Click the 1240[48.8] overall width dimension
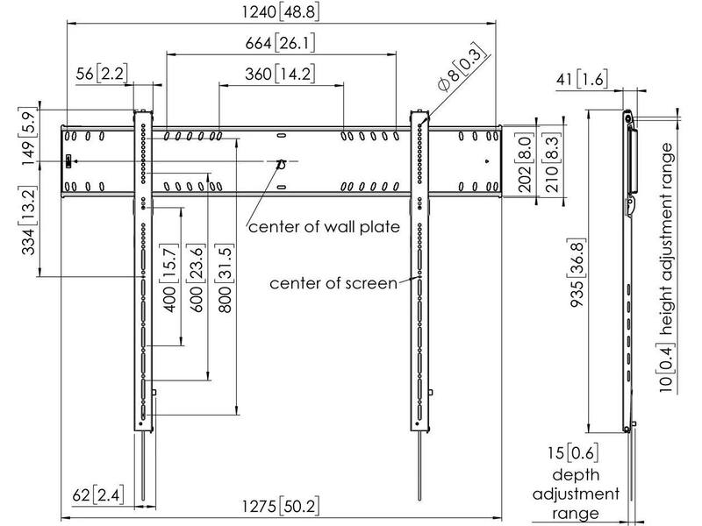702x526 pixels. (x=281, y=11)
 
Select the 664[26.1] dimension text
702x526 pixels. (x=280, y=43)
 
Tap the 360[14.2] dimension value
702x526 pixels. (x=280, y=74)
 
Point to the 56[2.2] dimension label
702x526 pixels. (x=101, y=74)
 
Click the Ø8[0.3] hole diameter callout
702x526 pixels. (x=462, y=68)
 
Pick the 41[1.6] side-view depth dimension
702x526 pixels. (x=582, y=79)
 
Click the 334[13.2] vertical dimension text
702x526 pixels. (x=28, y=221)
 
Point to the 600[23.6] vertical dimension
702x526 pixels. (x=197, y=277)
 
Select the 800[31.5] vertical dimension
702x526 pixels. (x=224, y=277)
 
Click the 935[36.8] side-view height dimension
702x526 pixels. (x=577, y=274)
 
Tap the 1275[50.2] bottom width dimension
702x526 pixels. (x=281, y=507)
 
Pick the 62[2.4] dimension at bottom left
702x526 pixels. (x=97, y=495)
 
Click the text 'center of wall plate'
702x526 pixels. (x=324, y=227)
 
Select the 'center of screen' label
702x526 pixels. (x=333, y=283)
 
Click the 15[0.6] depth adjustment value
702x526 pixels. (x=573, y=453)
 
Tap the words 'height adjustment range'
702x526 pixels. (x=667, y=238)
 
